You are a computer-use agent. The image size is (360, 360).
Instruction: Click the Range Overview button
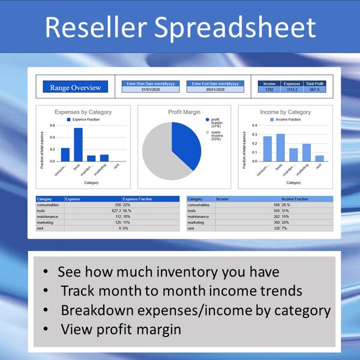(x=75, y=88)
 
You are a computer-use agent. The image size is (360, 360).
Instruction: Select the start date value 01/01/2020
(x=149, y=89)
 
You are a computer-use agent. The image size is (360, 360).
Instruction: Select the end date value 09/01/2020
(x=215, y=89)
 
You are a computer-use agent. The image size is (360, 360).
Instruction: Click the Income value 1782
(x=269, y=89)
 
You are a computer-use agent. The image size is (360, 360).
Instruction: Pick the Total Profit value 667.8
(x=313, y=89)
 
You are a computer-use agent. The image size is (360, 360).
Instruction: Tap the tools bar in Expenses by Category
(x=78, y=145)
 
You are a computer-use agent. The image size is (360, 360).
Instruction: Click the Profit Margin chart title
(x=184, y=112)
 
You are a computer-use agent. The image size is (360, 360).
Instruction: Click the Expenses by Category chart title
(x=83, y=112)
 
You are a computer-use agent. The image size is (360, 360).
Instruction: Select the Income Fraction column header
(x=295, y=199)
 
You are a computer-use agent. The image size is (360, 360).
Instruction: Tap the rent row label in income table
(x=191, y=229)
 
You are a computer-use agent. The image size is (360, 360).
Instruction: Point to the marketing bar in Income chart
(x=307, y=152)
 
